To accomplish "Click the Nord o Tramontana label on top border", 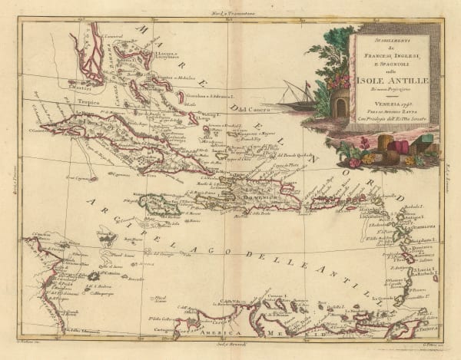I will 230,8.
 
